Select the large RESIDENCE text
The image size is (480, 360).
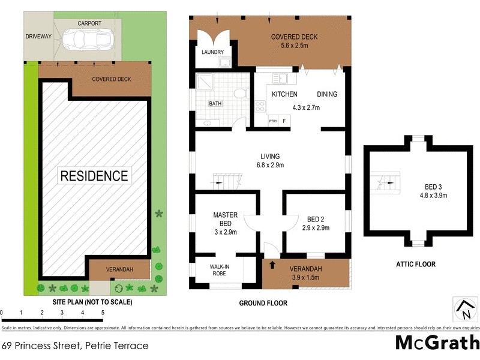coord(94,176)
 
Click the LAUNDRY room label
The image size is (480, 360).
coord(212,52)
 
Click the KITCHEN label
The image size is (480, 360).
coord(284,94)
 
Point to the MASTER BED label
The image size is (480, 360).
coord(226,219)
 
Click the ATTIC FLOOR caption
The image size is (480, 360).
coord(415,264)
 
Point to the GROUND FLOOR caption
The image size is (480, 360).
coord(263,303)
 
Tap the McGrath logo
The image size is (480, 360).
coord(437,343)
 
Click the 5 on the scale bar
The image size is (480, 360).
coord(103,313)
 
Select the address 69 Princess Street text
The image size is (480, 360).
coord(74,346)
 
